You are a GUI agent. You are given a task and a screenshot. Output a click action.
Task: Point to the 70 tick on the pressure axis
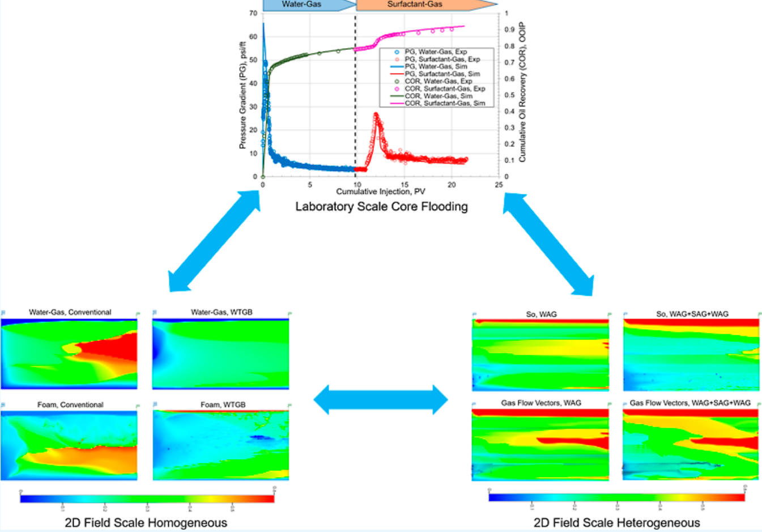click(253, 13)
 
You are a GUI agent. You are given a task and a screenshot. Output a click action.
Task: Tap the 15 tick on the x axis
click(405, 185)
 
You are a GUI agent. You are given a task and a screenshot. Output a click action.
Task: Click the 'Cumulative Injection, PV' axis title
click(380, 192)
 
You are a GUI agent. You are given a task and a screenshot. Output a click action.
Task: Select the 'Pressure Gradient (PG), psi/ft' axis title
click(242, 95)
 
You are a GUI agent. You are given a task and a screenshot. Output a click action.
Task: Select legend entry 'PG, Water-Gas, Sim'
click(436, 66)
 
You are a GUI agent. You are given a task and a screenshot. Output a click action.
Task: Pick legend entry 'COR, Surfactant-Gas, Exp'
click(444, 88)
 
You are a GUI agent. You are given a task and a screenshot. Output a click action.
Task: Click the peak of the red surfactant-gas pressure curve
click(376, 114)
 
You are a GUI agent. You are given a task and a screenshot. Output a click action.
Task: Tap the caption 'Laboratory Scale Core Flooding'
click(381, 207)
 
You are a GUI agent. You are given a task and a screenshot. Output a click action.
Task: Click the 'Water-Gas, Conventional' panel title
click(70, 312)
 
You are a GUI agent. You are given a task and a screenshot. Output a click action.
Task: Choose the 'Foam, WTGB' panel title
click(223, 405)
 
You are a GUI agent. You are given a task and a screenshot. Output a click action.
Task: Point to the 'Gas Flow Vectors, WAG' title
click(541, 403)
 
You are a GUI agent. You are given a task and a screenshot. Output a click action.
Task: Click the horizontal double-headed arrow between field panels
click(381, 399)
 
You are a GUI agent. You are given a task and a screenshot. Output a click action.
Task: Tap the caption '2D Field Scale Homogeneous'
click(146, 522)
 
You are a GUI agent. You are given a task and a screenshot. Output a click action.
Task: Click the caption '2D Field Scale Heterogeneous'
click(617, 522)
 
